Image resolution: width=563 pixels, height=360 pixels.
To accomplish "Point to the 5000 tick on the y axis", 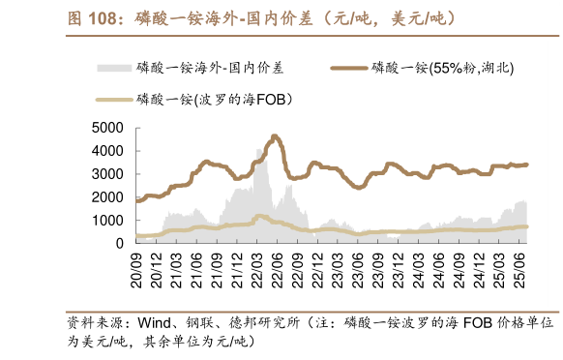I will pyautogui.click(x=106, y=128).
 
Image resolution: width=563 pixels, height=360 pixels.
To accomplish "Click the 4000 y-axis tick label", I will pyautogui.click(x=106, y=151).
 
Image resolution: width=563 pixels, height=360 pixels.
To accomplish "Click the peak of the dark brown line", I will pyautogui.click(x=276, y=135).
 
